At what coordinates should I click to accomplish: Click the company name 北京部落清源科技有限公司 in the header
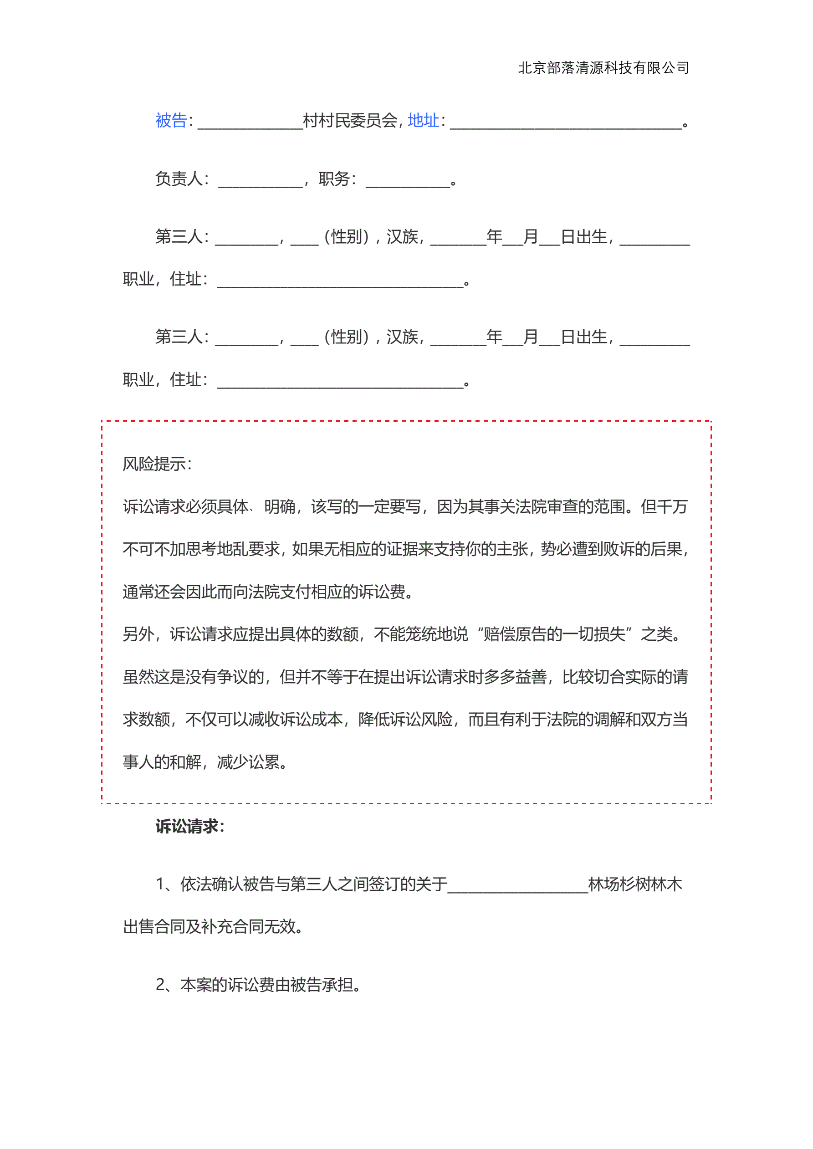(603, 67)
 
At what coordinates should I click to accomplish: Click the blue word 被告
(171, 121)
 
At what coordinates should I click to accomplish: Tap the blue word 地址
(423, 121)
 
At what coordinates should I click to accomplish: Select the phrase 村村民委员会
(350, 121)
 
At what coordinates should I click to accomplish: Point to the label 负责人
(179, 179)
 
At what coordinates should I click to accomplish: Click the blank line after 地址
(566, 123)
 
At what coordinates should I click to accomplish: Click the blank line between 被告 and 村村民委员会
(251, 123)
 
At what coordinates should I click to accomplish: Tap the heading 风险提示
(155, 464)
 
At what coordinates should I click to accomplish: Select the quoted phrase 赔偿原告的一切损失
(554, 634)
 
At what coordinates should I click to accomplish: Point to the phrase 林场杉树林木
(635, 884)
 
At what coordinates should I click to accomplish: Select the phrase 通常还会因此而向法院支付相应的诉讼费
(264, 592)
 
